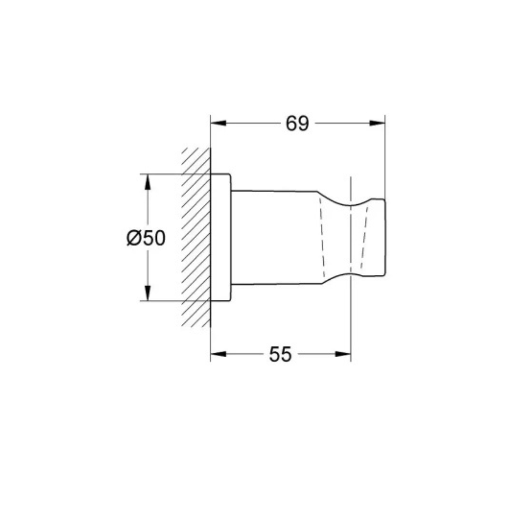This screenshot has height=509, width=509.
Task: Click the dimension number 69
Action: coord(297,123)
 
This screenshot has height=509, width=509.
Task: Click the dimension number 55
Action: coord(280,354)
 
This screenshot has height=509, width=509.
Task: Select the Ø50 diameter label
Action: coord(146,238)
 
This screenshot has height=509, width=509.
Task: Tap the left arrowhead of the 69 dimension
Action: coord(218,123)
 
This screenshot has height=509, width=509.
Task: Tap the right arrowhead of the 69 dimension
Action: coord(377,123)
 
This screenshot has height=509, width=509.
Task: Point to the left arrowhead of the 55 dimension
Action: coord(218,354)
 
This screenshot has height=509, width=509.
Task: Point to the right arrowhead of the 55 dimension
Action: coord(343,354)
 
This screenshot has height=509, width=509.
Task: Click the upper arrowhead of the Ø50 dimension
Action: coord(148,182)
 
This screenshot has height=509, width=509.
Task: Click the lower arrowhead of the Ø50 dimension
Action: coord(148,293)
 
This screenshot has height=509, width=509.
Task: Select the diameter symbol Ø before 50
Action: coord(134,238)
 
